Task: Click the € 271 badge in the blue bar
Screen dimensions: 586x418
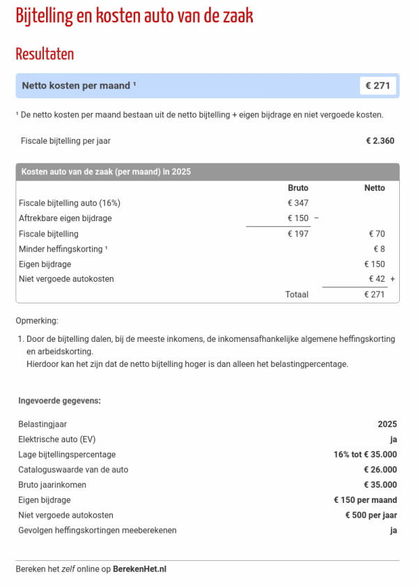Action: [378, 86]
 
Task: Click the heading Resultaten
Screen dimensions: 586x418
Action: [45, 54]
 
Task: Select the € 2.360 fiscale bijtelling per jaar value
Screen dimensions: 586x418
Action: [380, 140]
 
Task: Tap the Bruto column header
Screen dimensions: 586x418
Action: [297, 188]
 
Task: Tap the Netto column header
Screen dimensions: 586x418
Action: [374, 188]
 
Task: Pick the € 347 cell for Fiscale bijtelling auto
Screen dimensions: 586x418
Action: [297, 203]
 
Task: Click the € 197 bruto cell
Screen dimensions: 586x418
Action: [297, 234]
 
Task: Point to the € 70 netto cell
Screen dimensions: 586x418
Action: [376, 234]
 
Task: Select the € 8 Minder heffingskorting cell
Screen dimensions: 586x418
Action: [379, 249]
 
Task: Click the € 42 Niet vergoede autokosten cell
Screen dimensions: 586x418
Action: [376, 279]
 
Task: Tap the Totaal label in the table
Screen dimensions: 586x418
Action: [296, 294]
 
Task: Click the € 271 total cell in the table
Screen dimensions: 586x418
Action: [374, 294]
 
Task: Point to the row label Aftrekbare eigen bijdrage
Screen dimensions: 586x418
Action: [65, 218]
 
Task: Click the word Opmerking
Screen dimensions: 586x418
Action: [37, 321]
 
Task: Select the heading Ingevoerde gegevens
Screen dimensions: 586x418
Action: [59, 400]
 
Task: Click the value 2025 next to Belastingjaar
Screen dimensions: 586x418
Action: [387, 424]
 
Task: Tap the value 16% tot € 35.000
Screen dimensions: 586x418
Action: [365, 454]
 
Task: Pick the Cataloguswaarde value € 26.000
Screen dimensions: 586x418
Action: [380, 469]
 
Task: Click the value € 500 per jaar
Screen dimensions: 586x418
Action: [371, 515]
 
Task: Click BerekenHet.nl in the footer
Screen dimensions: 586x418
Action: [139, 569]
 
